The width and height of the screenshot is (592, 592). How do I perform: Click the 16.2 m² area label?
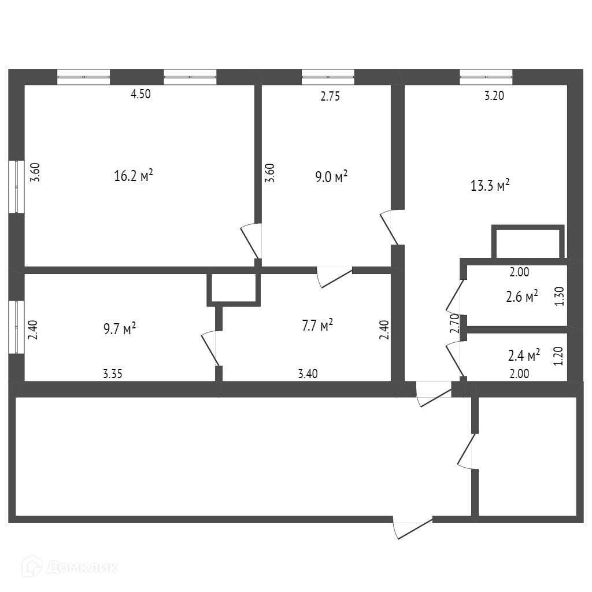tap(134, 176)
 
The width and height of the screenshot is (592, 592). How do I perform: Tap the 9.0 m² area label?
tap(331, 176)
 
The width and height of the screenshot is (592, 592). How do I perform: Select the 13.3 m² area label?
tap(490, 186)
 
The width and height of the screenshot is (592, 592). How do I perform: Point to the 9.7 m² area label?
tap(120, 329)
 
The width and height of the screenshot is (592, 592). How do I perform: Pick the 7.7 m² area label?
tap(317, 326)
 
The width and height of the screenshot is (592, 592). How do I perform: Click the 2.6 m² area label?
tap(522, 297)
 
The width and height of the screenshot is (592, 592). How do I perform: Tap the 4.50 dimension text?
tap(140, 95)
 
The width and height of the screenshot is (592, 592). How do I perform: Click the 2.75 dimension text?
tap(330, 97)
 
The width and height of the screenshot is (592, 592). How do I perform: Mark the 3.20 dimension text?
tap(494, 97)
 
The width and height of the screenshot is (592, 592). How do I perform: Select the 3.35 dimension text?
tap(113, 374)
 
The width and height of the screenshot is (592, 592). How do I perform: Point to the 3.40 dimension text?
tap(308, 374)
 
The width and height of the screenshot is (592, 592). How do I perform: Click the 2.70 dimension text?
tap(454, 324)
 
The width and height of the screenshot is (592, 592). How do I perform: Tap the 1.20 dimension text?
tap(558, 356)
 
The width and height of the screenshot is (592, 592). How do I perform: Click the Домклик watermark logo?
tap(70, 567)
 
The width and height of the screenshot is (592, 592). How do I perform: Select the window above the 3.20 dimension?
tap(486, 77)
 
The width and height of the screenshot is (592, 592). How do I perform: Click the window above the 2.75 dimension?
tap(328, 77)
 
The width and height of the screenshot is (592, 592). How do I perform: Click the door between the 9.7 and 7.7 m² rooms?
tap(212, 349)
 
